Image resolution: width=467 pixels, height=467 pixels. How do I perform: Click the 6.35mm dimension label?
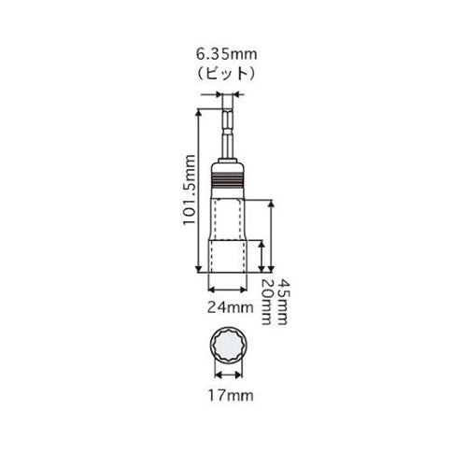click(x=227, y=54)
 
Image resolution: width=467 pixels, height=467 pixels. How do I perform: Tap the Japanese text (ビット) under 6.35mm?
click(x=227, y=74)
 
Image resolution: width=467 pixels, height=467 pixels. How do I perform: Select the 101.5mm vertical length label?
click(x=190, y=191)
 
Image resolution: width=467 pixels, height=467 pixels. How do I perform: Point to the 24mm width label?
click(x=231, y=308)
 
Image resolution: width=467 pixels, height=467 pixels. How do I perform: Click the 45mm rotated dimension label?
click(x=282, y=302)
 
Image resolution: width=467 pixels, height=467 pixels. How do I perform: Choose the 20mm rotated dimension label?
click(x=266, y=302)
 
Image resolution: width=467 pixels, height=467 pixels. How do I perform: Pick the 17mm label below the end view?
click(x=231, y=396)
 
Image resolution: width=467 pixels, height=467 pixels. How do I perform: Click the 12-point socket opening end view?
click(x=229, y=345)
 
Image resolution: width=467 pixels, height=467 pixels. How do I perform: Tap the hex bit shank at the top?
click(x=228, y=134)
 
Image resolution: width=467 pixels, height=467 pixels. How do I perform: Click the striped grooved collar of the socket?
click(x=228, y=180)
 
